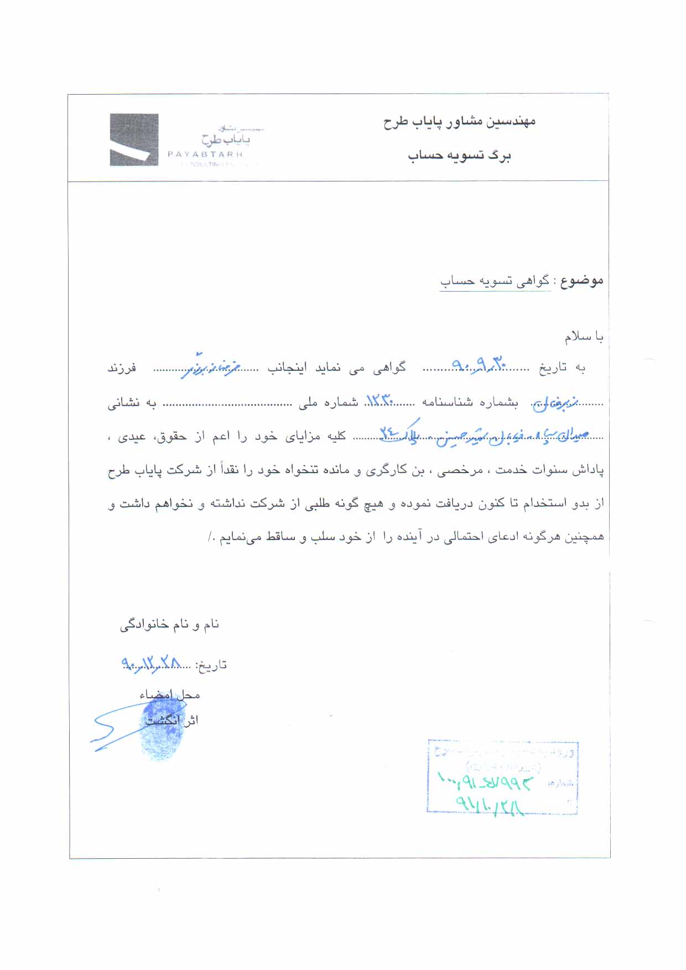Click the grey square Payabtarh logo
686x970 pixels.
click(134, 140)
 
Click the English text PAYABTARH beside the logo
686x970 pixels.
click(205, 155)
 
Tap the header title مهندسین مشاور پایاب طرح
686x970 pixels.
click(459, 122)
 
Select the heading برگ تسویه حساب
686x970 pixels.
click(459, 156)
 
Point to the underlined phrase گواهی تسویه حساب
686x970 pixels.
click(495, 281)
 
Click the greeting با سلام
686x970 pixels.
click(584, 336)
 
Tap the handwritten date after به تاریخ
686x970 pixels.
click(479, 364)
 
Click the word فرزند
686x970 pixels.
click(122, 368)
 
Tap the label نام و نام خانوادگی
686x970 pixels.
click(169, 625)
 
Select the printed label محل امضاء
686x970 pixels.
click(170, 694)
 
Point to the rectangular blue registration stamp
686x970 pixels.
click(502, 777)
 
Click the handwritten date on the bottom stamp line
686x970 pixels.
click(490, 805)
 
